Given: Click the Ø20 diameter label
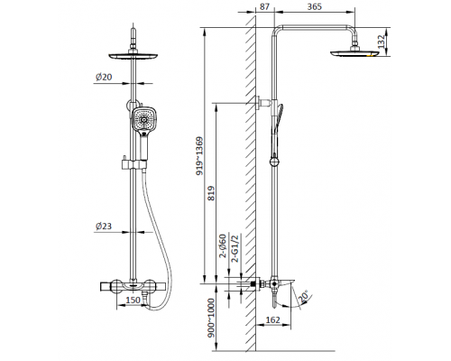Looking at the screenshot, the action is (x=104, y=77).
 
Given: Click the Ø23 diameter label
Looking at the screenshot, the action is (x=104, y=226).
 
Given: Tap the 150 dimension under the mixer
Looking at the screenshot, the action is (x=133, y=300).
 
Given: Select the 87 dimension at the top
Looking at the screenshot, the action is (x=264, y=6).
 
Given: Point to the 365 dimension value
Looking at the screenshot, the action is (x=315, y=6).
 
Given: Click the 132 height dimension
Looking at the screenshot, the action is (x=382, y=42).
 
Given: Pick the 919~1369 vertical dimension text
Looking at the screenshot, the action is (x=199, y=156).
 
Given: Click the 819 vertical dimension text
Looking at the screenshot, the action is (x=211, y=193).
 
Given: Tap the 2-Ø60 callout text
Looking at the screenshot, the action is (x=223, y=245).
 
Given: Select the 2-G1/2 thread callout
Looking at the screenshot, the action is (x=235, y=248).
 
